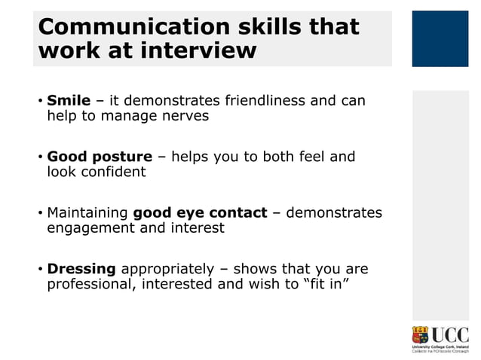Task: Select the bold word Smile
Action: pyautogui.click(x=69, y=101)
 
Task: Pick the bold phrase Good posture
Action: pyautogui.click(x=100, y=157)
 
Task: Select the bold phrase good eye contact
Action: pyautogui.click(x=200, y=212)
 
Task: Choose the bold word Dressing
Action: pyautogui.click(x=81, y=268)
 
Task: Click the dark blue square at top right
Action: pyautogui.click(x=440, y=38)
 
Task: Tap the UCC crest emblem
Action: pyautogui.click(x=419, y=336)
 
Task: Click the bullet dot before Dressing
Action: pyautogui.click(x=40, y=269)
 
